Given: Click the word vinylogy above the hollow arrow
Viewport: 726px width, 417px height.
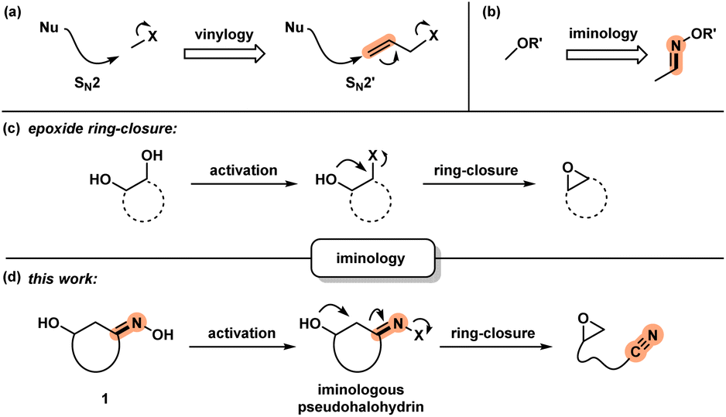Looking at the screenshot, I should coord(221,32).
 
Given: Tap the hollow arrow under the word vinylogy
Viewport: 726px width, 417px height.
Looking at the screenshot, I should coord(221,54).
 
